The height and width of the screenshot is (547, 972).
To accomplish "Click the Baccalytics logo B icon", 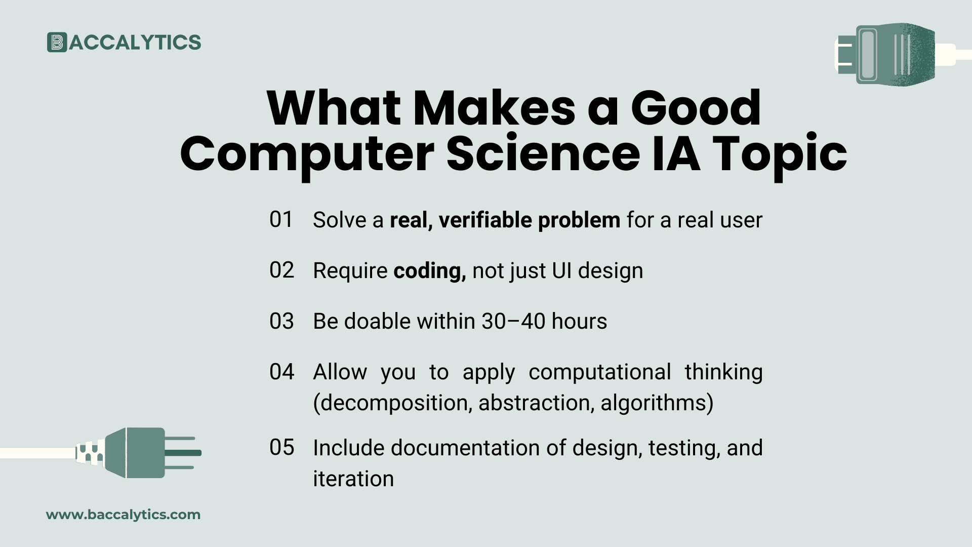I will [57, 43].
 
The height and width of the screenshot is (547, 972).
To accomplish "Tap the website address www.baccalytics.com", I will [123, 515].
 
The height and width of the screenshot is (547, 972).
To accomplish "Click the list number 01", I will [281, 220].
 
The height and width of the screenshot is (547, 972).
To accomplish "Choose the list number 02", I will [281, 270].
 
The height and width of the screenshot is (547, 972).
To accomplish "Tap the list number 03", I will [281, 321].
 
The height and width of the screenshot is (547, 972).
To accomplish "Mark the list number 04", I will [281, 372].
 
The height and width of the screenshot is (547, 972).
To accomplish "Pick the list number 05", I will [281, 448].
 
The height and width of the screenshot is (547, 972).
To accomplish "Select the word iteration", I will [353, 479].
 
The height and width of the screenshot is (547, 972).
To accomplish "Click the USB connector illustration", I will [891, 53].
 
